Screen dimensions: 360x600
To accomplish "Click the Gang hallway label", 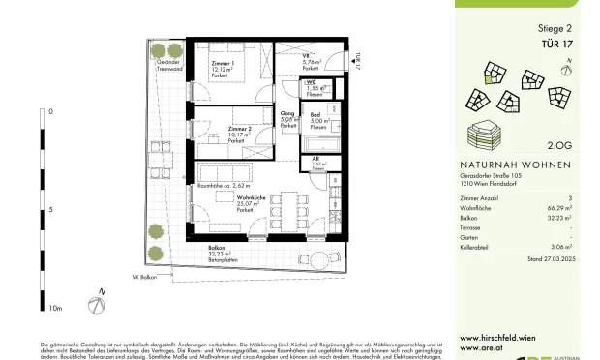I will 287,114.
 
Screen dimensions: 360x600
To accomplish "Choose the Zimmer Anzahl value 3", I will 570,196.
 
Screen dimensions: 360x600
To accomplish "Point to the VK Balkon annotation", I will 146,275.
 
